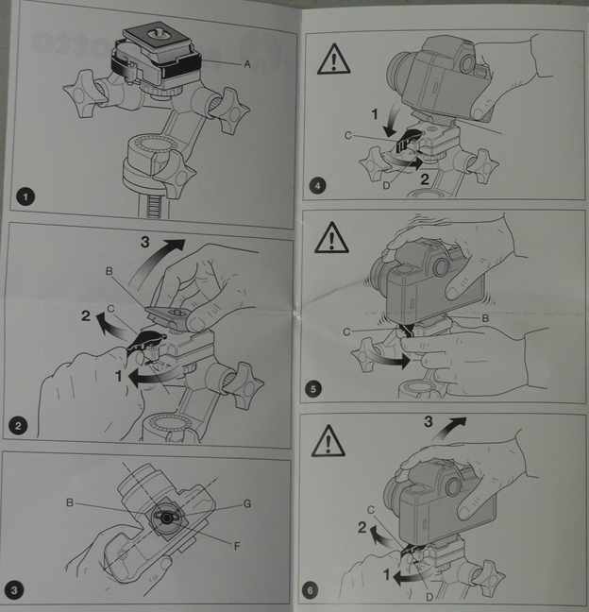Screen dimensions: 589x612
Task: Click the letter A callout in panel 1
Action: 247,64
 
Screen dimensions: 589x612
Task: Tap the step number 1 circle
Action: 25,196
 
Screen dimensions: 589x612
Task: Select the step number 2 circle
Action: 18,425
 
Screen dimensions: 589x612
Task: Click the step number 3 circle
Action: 14,589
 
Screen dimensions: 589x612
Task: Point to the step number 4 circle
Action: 317,186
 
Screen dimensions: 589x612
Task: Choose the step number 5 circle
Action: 313,389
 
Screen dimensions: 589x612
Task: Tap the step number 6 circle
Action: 311,590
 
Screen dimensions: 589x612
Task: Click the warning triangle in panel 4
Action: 333,59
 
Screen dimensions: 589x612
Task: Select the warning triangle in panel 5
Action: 331,237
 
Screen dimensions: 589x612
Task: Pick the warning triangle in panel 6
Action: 328,441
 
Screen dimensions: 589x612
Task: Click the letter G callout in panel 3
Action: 247,504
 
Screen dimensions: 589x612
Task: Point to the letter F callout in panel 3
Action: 237,546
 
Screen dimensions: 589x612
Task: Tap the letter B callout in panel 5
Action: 485,318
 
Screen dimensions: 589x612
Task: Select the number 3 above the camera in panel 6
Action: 429,421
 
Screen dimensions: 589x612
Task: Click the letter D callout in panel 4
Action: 386,186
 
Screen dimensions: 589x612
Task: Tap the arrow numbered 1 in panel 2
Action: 154,378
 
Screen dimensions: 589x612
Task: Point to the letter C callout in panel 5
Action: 346,331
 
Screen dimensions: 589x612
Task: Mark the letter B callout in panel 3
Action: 70,502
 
